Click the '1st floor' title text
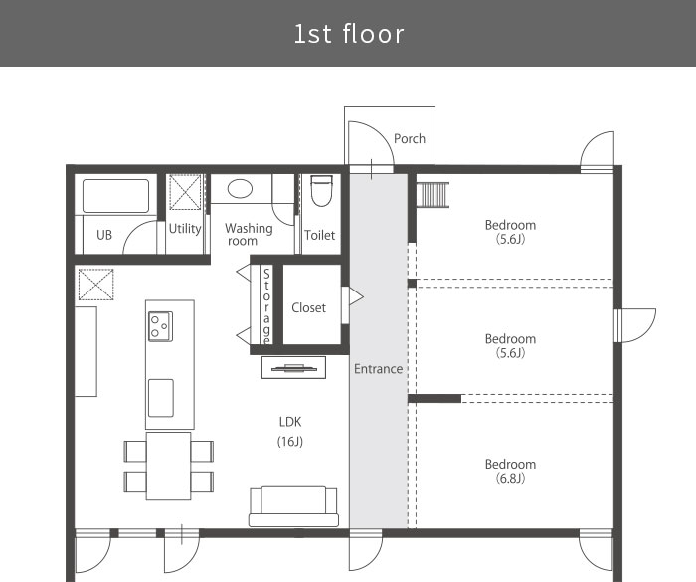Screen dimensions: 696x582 pyautogui.click(x=349, y=34)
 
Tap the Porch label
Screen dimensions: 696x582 pyautogui.click(x=410, y=139)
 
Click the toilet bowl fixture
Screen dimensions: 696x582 pyautogui.click(x=321, y=190)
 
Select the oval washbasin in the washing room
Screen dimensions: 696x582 pyautogui.click(x=240, y=188)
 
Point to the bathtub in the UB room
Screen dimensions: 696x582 pyautogui.click(x=115, y=196)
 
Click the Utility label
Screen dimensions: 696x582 pyautogui.click(x=185, y=229)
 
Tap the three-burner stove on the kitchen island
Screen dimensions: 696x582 pyautogui.click(x=160, y=326)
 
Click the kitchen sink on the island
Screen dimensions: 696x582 pyautogui.click(x=161, y=398)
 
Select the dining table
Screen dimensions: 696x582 pyautogui.click(x=169, y=466)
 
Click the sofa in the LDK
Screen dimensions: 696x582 pyautogui.click(x=293, y=506)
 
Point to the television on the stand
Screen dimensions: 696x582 pyautogui.click(x=294, y=368)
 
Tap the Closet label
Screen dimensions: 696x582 pyautogui.click(x=308, y=307)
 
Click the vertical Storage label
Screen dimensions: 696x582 pyautogui.click(x=266, y=306)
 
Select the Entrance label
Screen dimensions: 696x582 pyautogui.click(x=378, y=369)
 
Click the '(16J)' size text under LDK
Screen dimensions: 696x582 pyautogui.click(x=290, y=441)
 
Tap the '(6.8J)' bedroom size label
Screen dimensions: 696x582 pyautogui.click(x=510, y=479)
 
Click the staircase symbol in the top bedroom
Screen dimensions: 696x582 pyautogui.click(x=433, y=195)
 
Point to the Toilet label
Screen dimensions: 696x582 pyautogui.click(x=319, y=235)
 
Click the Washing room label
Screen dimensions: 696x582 pyautogui.click(x=249, y=234)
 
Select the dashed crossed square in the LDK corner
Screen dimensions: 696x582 pyautogui.click(x=95, y=285)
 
